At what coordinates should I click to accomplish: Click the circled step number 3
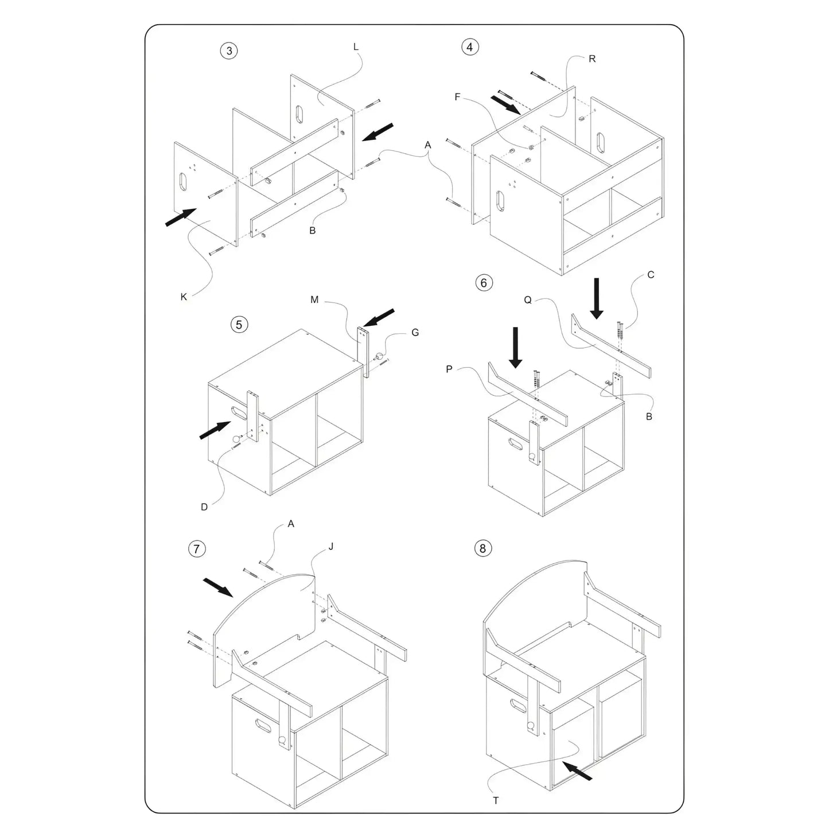click(x=229, y=50)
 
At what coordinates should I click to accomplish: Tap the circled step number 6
click(x=484, y=283)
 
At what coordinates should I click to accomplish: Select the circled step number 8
click(x=482, y=548)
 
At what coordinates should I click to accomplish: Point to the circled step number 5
click(x=239, y=324)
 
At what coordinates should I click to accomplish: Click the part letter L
click(x=356, y=47)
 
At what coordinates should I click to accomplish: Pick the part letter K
click(x=184, y=297)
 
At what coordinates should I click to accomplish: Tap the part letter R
click(x=592, y=59)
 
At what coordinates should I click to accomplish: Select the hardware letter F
click(x=457, y=97)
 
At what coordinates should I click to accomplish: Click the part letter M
click(x=314, y=300)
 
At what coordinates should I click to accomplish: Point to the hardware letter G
click(x=415, y=333)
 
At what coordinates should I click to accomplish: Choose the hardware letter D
click(x=204, y=507)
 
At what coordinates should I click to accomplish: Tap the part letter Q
click(x=528, y=300)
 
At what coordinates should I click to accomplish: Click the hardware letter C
click(x=651, y=275)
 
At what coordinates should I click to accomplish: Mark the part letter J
click(x=331, y=547)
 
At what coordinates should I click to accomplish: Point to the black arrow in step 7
click(x=218, y=587)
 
